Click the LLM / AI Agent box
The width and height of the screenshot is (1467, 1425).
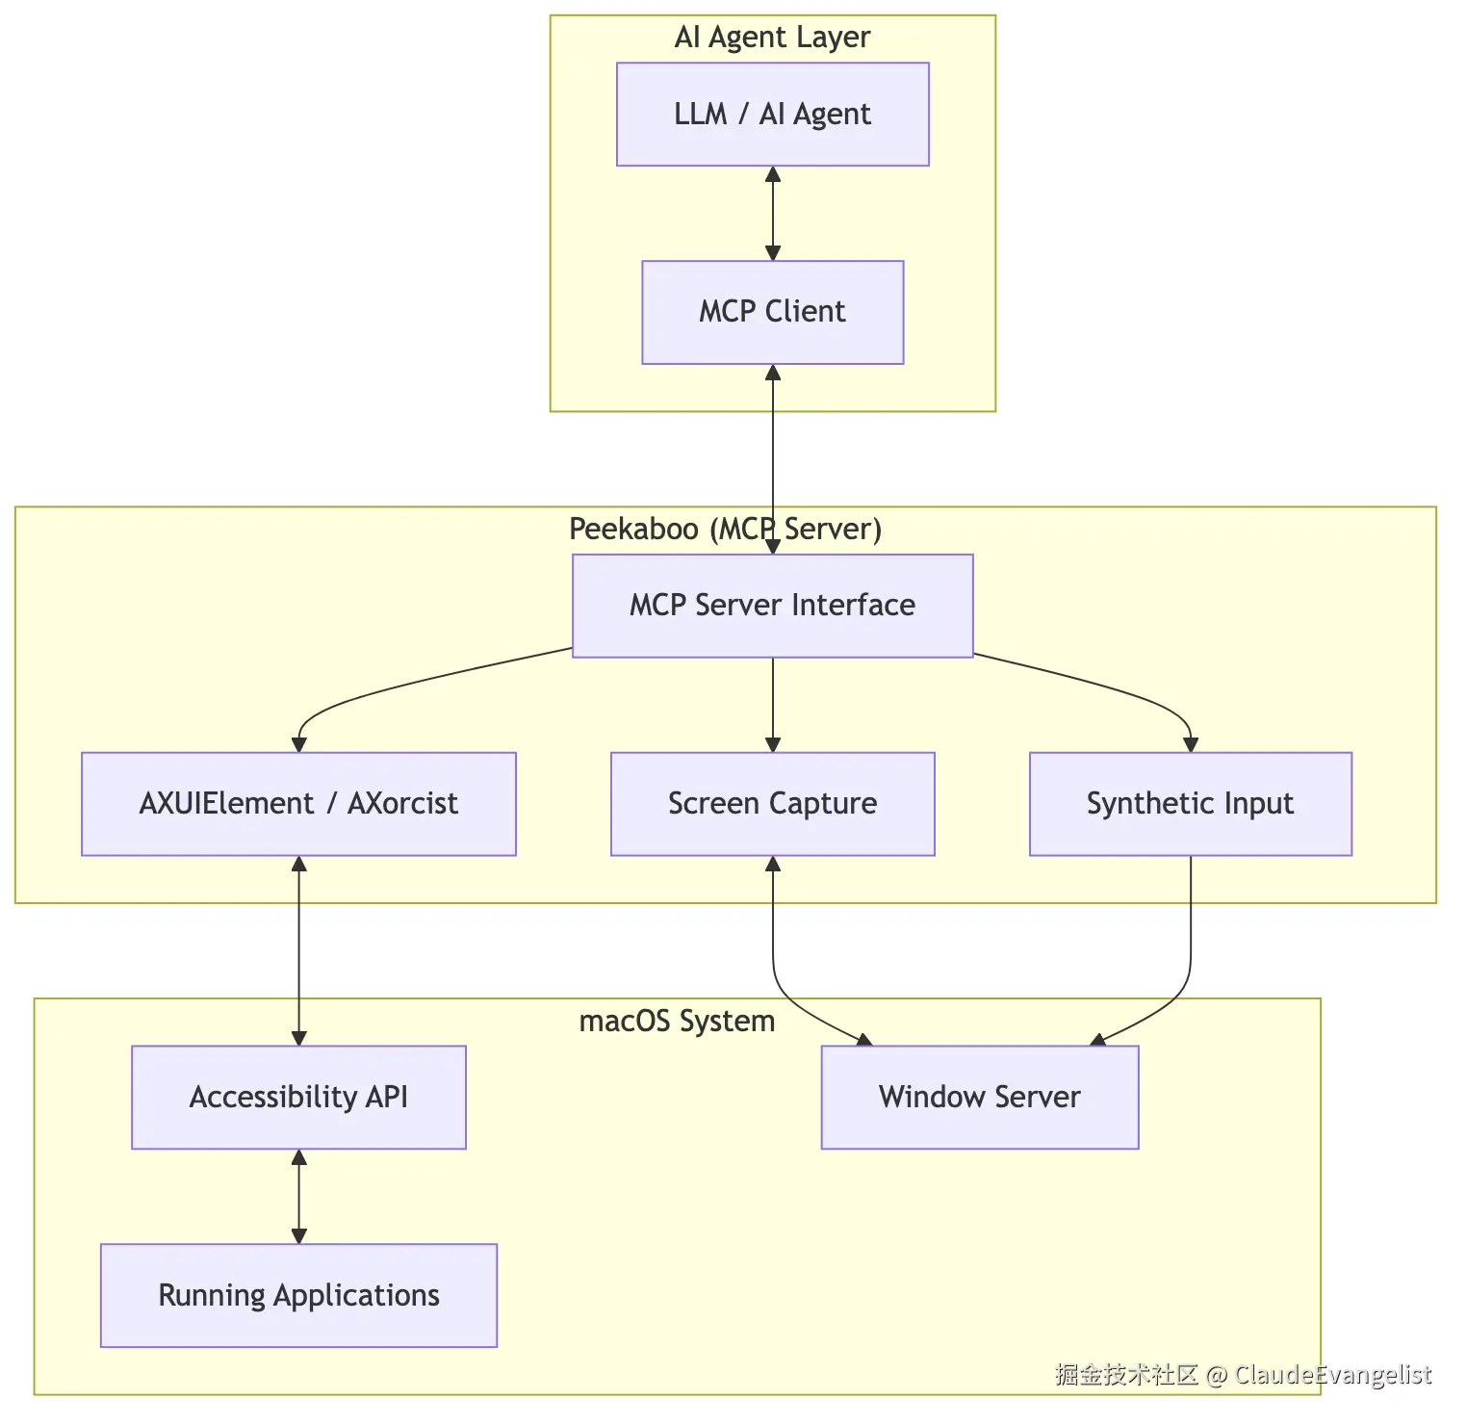coord(773,115)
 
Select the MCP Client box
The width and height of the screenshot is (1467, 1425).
coord(773,312)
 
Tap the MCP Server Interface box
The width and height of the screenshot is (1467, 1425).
coord(773,606)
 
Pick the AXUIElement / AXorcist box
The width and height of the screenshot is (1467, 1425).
coord(298,804)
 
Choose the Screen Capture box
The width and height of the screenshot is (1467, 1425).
coord(773,804)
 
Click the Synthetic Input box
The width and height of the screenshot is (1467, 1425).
coord(1191,804)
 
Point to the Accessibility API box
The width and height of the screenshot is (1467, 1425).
coord(298,1098)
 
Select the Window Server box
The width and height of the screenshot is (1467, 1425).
coord(980,1098)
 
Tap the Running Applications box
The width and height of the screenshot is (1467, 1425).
coord(298,1295)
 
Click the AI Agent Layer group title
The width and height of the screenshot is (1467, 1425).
coord(773,38)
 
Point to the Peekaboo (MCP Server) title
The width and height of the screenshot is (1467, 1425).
coord(726,529)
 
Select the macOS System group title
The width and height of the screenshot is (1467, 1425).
coord(678,1021)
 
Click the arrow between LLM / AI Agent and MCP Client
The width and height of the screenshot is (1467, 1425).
coord(773,214)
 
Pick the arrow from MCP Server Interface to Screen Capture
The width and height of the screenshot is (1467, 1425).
coord(773,705)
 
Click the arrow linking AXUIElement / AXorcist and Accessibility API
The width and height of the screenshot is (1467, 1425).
coord(298,951)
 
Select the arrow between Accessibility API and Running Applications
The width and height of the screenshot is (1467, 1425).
coord(298,1197)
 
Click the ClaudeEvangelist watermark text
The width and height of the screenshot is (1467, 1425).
coord(1333,1375)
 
